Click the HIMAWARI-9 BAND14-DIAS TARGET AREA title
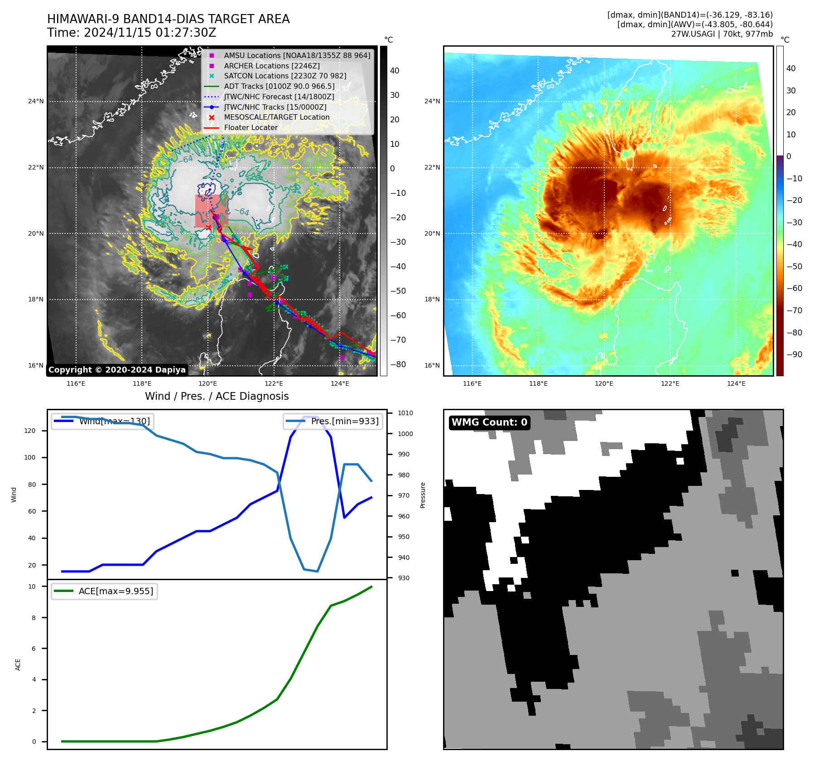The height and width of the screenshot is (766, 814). pos(168,19)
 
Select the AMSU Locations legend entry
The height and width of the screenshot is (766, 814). pos(297,55)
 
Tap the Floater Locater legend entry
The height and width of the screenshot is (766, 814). pos(250,127)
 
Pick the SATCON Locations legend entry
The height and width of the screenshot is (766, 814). pos(285,76)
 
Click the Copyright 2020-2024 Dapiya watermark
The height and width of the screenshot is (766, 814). pos(117,370)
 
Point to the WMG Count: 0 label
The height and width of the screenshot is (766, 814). pos(489,422)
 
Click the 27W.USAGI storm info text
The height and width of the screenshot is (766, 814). pos(722,34)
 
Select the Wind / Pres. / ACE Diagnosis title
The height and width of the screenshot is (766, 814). pos(217,396)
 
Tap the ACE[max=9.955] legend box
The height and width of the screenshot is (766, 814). pos(104,591)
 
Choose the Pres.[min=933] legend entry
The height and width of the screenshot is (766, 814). pos(333,421)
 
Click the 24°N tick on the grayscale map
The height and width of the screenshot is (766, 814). pos(36,101)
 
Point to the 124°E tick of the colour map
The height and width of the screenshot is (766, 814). pos(736,383)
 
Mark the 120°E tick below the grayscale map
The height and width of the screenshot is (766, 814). pos(208,383)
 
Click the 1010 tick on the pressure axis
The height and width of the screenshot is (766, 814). pos(405,413)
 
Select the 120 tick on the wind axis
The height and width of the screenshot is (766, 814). pos(30,431)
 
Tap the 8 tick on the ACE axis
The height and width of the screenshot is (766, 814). pos(34,617)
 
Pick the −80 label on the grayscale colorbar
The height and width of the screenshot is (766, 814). pos(398,364)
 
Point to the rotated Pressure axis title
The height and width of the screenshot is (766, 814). pos(423,495)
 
